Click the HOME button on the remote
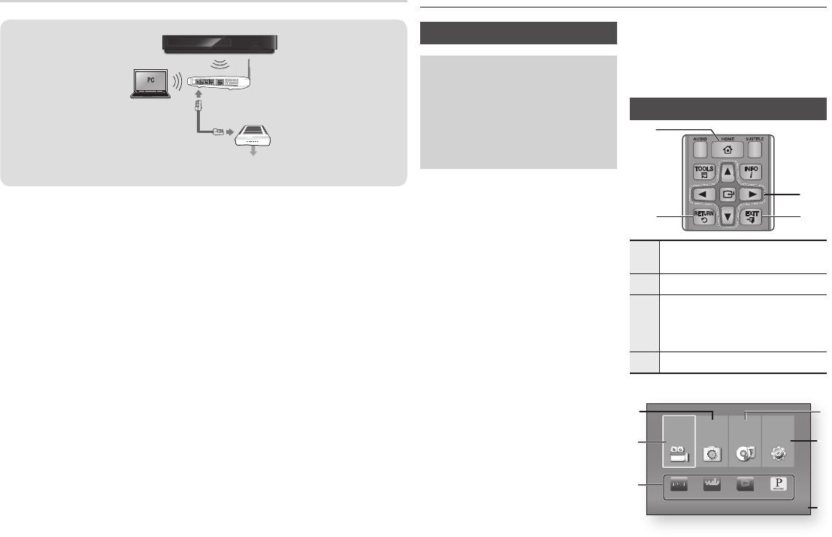(728, 149)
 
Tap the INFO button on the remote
(752, 172)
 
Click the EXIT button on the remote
(752, 218)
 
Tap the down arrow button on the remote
(728, 219)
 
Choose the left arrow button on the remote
(704, 195)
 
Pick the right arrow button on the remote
(752, 195)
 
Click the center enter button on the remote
(728, 195)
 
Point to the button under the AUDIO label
(700, 149)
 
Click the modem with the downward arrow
(258, 137)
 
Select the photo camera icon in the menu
(712, 453)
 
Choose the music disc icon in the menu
(745, 453)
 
